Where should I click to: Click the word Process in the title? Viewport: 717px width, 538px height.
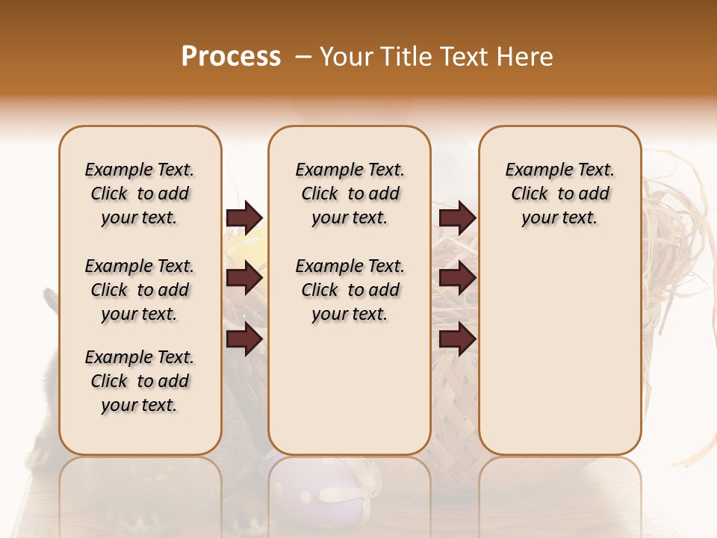(231, 57)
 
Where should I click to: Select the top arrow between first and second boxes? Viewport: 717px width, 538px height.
(244, 218)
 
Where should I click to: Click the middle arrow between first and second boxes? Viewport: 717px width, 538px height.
(244, 278)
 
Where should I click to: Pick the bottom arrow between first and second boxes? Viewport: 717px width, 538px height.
(244, 339)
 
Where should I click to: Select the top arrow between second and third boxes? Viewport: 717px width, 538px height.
(457, 218)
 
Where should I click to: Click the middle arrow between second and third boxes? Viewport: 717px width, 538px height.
(457, 278)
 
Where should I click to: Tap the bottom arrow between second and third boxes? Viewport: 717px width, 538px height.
(457, 339)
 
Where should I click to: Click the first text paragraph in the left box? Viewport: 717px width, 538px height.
(140, 194)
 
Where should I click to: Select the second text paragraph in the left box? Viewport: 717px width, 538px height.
(140, 290)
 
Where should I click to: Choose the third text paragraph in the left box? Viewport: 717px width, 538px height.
(140, 381)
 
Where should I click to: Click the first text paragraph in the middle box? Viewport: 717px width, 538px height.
(350, 194)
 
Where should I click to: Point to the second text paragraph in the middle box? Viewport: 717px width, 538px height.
(350, 290)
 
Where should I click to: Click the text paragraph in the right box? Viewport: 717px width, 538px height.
(559, 194)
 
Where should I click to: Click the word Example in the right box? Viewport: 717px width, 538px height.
(537, 170)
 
